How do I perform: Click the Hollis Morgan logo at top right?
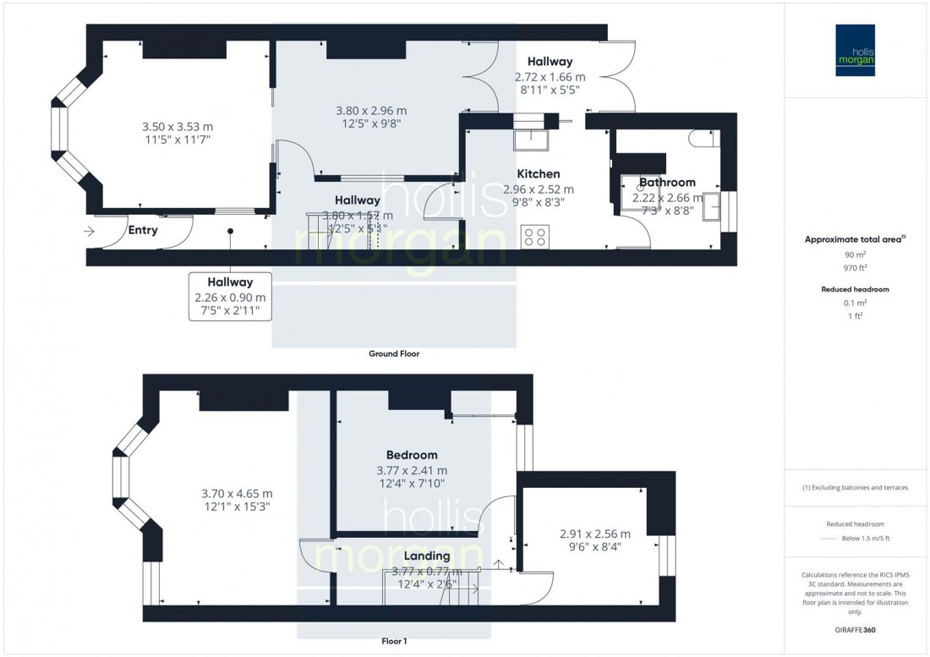coord(856,51)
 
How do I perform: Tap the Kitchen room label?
coord(538,174)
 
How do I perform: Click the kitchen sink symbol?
coord(533,135)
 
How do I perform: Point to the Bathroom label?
coord(667,182)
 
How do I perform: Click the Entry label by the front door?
coord(143,230)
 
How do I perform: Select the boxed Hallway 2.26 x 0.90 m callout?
coord(230,296)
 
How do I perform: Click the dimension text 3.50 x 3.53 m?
coord(176,127)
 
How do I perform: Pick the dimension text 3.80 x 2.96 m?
coord(371,111)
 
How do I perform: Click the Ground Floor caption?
coord(394,354)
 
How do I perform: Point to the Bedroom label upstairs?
coord(412,455)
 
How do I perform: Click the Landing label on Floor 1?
coord(427,556)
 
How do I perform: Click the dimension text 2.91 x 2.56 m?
coord(595,534)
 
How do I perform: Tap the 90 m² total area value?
coord(856,254)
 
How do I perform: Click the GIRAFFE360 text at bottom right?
coord(856,632)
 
